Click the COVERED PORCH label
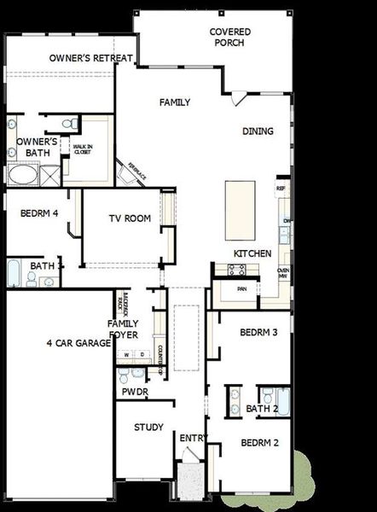[x=230, y=37]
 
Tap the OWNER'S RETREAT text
[x=90, y=58]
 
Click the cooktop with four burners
[x=236, y=270]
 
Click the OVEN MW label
[x=283, y=272]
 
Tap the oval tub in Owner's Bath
[x=22, y=175]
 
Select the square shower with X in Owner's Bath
[x=50, y=175]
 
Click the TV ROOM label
[x=130, y=218]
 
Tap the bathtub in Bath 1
[x=14, y=274]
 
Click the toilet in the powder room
[x=125, y=375]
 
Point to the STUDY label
[x=148, y=428]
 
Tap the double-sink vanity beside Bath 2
[x=234, y=401]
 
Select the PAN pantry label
[x=242, y=289]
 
